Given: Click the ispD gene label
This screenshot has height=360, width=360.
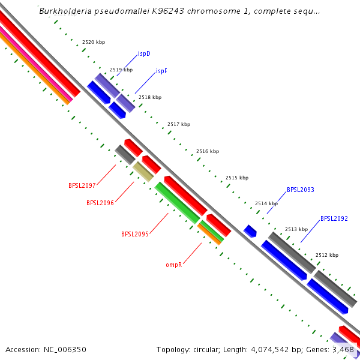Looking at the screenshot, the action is click(144, 54).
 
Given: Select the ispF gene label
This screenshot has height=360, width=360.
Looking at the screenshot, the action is click(161, 71).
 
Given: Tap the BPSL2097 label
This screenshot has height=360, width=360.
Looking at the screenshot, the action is click(82, 185).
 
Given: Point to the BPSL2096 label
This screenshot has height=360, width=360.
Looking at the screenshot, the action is click(100, 203).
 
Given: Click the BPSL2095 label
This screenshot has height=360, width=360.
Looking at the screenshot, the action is click(135, 234).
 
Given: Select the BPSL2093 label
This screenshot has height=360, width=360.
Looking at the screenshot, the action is click(301, 190).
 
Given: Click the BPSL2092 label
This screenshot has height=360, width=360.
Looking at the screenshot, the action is click(334, 218).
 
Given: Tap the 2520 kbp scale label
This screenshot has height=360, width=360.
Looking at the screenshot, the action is click(93, 43).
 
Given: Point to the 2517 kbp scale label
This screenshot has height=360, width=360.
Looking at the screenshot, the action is click(179, 125).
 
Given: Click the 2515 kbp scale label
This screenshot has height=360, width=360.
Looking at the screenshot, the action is click(236, 178).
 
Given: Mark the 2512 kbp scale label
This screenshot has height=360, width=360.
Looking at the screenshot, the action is click(327, 255).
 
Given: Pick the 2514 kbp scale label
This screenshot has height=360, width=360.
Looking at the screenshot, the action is click(266, 204).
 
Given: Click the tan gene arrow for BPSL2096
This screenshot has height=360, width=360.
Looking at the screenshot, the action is click(143, 172).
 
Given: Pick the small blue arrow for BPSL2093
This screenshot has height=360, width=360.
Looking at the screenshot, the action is click(250, 230).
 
